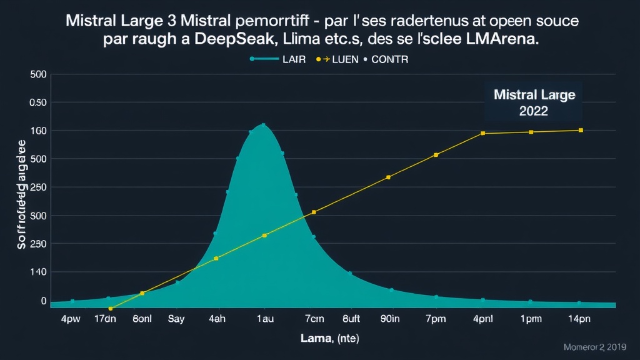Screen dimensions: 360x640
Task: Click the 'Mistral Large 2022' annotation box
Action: click(533, 103)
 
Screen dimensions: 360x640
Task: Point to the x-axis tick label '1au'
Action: click(264, 318)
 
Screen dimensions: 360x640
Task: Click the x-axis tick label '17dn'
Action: click(105, 318)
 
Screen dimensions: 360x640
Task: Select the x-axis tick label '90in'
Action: click(390, 318)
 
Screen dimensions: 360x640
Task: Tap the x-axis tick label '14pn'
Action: click(579, 318)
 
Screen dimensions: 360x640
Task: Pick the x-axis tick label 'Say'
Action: click(177, 318)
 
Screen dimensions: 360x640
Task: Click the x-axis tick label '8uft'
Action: click(352, 318)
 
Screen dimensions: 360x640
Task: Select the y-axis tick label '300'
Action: click(39, 216)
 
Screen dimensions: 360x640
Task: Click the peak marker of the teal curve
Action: click(264, 125)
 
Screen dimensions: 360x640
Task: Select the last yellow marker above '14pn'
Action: click(581, 130)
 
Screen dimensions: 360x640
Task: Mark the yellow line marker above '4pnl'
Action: click(482, 133)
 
